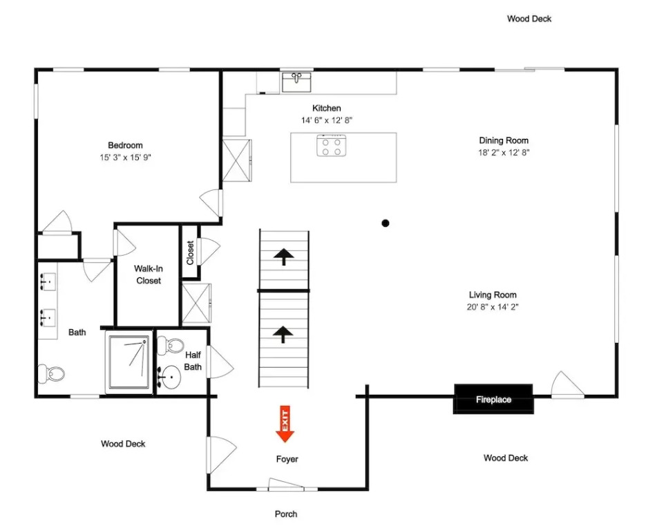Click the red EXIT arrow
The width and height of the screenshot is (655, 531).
[285, 424]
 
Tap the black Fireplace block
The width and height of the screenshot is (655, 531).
[493, 399]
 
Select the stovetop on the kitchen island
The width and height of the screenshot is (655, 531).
[331, 145]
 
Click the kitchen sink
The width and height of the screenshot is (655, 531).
[296, 82]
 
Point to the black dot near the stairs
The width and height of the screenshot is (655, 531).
[385, 223]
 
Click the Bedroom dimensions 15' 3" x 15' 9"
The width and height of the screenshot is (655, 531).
[125, 157]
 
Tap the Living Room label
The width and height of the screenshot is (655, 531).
[493, 295]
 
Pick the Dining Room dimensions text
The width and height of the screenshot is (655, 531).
[504, 153]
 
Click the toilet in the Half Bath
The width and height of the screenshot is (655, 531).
[171, 346]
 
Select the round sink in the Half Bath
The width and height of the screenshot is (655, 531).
[170, 377]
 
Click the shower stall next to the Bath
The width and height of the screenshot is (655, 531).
[129, 362]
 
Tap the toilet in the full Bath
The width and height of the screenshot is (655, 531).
[51, 373]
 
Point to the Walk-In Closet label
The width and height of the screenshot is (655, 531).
[149, 274]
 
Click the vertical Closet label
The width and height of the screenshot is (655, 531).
[190, 252]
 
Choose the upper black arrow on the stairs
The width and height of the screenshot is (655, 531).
[284, 257]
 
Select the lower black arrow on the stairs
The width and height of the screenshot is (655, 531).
[283, 335]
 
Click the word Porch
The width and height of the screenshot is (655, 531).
[286, 514]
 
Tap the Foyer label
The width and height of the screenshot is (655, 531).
[287, 459]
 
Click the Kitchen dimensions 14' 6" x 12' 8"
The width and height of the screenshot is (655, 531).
[327, 120]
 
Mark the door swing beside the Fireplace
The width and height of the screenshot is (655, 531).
[567, 384]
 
